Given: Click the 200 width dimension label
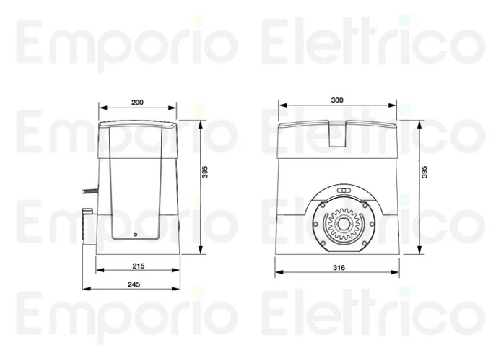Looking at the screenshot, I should [138, 102].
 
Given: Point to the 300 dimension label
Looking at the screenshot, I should [336, 100].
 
